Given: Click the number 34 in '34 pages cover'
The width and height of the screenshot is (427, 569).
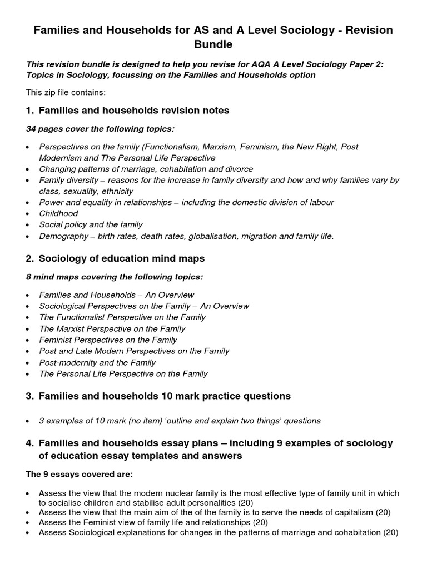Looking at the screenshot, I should coord(32,129).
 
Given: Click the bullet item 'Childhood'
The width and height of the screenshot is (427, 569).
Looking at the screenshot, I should coord(58,213).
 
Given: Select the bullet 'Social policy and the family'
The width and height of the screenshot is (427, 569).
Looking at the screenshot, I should coord(91,224).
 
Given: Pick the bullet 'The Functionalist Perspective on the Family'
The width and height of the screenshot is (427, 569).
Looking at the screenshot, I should coord(122,317).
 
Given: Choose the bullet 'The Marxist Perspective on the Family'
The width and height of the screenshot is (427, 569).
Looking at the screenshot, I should coord(112,328).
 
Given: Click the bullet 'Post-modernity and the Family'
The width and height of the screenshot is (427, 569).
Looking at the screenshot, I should coord(97,362).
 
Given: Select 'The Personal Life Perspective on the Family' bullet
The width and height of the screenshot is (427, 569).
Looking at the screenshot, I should coord(123,373).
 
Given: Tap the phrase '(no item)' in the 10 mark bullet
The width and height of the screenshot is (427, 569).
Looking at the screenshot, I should coord(143,421).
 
